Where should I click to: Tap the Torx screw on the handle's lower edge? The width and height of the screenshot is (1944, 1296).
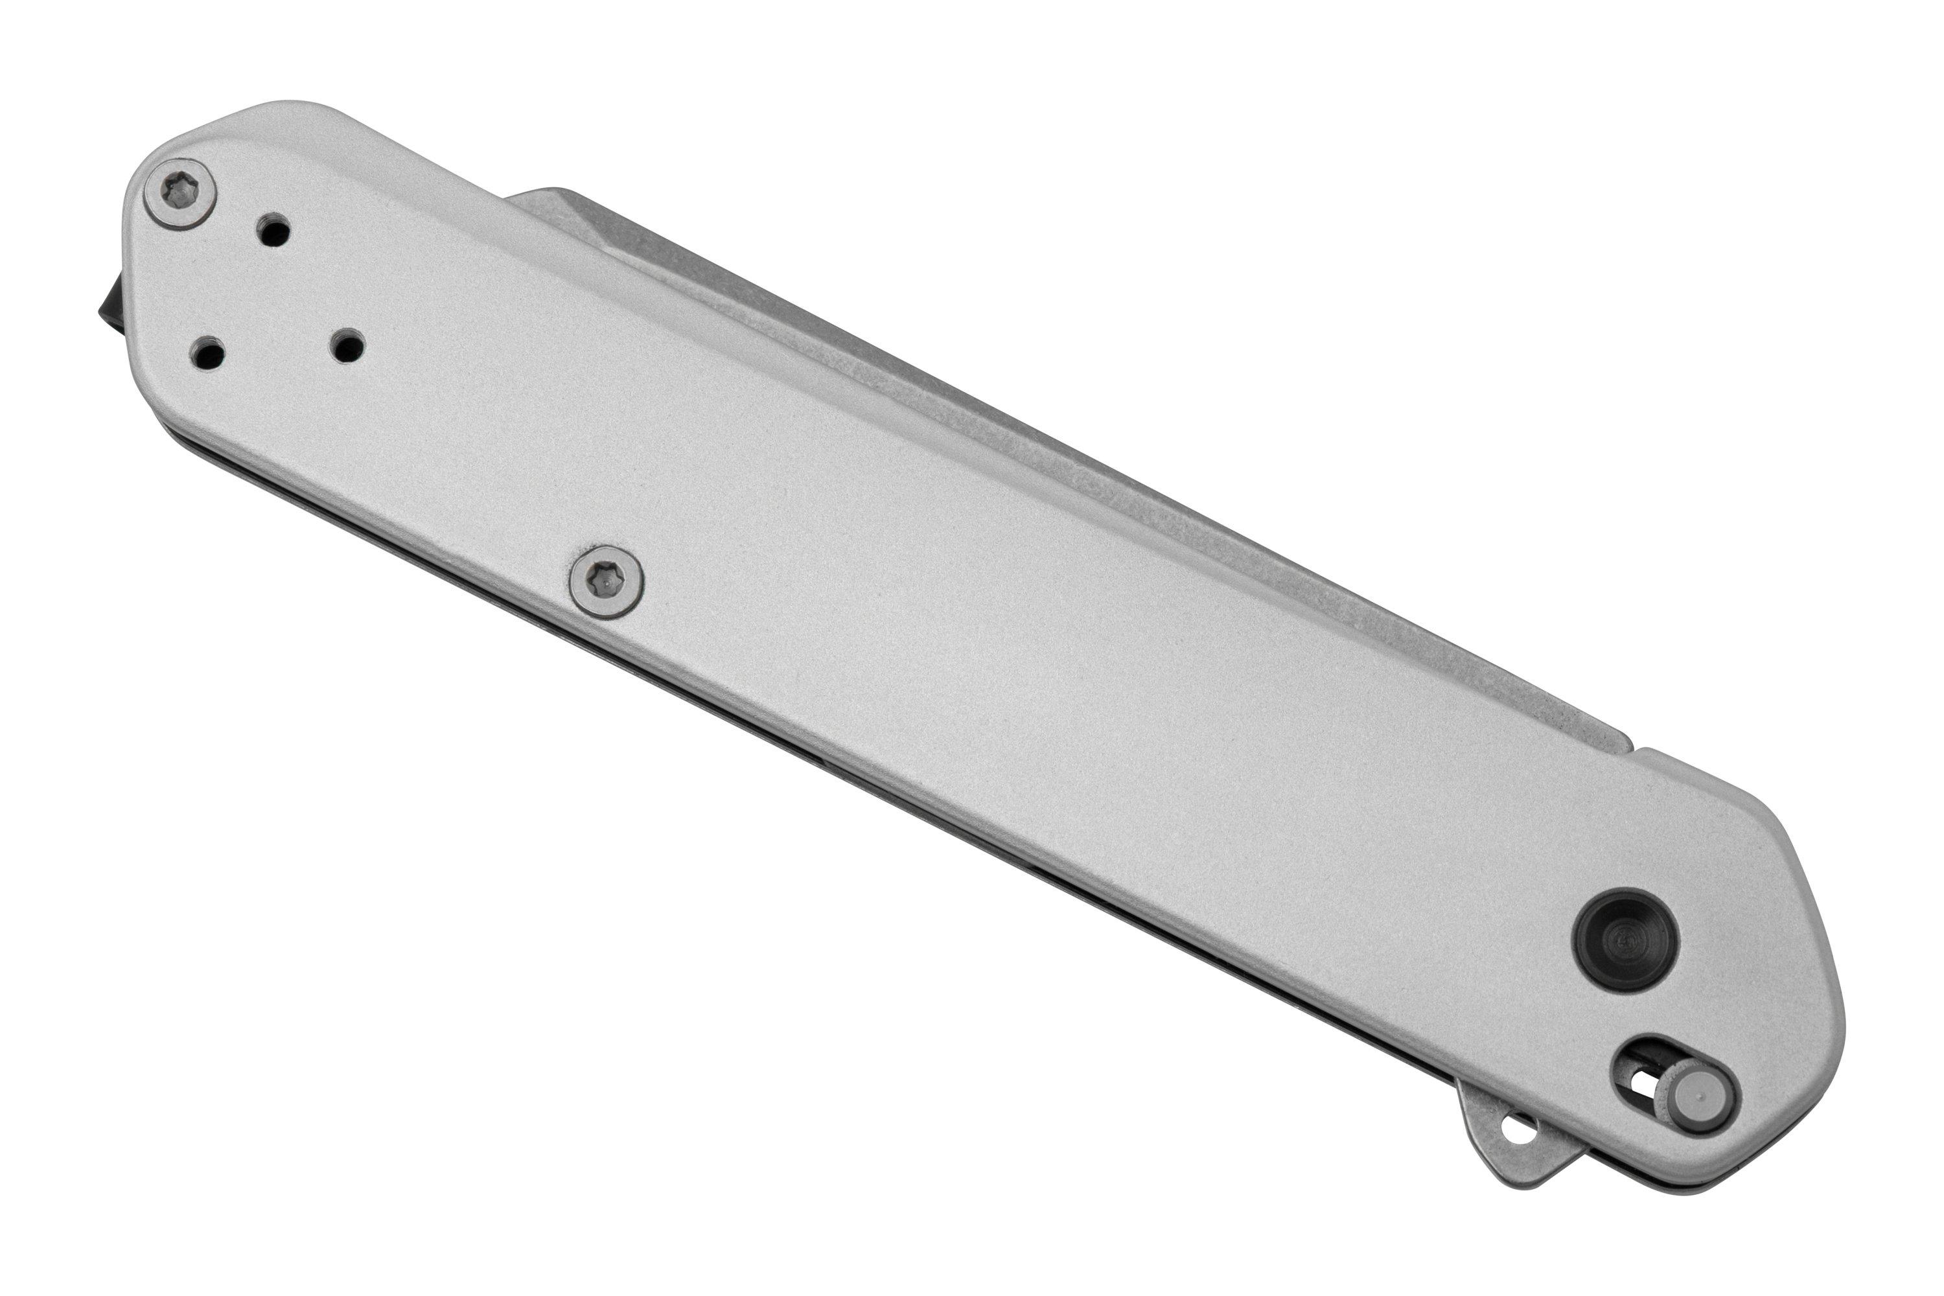tap(608, 582)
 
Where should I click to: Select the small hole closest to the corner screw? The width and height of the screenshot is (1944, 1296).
tap(274, 231)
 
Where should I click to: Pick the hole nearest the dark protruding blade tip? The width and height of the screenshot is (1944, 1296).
tap(207, 354)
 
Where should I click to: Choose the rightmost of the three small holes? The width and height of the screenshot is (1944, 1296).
tap(347, 345)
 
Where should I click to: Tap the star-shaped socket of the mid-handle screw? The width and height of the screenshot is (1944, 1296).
tap(608, 582)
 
